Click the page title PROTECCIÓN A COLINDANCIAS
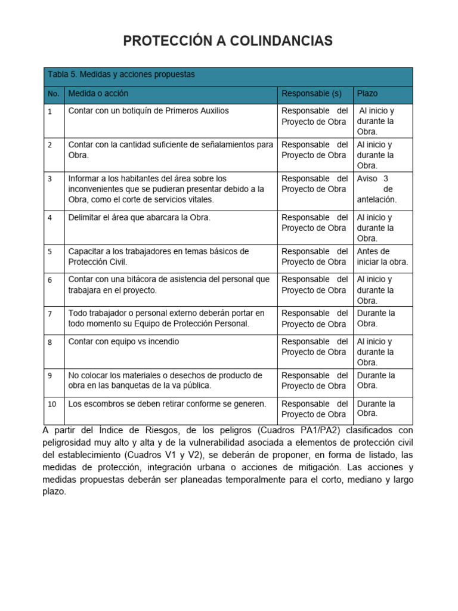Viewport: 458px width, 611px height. (x=228, y=41)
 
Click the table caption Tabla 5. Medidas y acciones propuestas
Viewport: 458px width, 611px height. (x=121, y=75)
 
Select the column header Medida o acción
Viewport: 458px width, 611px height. (x=98, y=94)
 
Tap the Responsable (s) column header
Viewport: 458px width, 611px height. (x=311, y=94)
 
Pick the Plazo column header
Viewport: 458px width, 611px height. (x=367, y=94)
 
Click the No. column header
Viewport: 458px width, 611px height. (x=54, y=94)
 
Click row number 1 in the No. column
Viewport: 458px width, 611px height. (x=50, y=112)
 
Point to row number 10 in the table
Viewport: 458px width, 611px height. (x=52, y=404)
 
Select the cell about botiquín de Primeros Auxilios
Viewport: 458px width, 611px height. (x=148, y=111)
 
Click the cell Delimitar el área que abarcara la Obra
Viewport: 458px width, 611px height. (x=140, y=218)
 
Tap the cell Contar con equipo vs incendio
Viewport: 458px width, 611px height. (x=123, y=342)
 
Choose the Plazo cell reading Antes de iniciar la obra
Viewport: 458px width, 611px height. (x=382, y=257)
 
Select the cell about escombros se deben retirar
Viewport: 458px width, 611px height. (x=168, y=404)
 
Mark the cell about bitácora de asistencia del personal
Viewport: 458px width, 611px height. (x=169, y=285)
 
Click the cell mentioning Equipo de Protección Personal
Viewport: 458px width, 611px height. (x=166, y=319)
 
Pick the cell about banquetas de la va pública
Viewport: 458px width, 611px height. (x=165, y=381)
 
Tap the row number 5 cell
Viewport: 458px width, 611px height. (x=50, y=252)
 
